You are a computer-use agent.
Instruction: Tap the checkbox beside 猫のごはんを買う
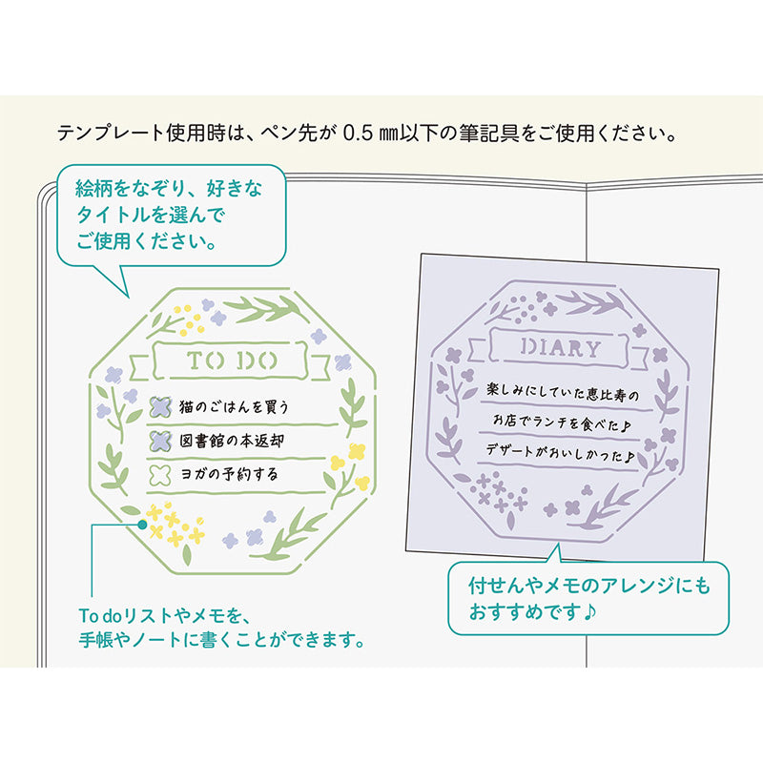click(x=160, y=406)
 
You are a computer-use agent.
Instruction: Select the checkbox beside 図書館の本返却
click(x=160, y=441)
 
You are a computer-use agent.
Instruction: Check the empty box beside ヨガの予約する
click(x=160, y=473)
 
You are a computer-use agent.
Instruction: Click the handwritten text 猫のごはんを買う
click(x=234, y=406)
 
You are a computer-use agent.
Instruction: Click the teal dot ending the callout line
click(x=142, y=524)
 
